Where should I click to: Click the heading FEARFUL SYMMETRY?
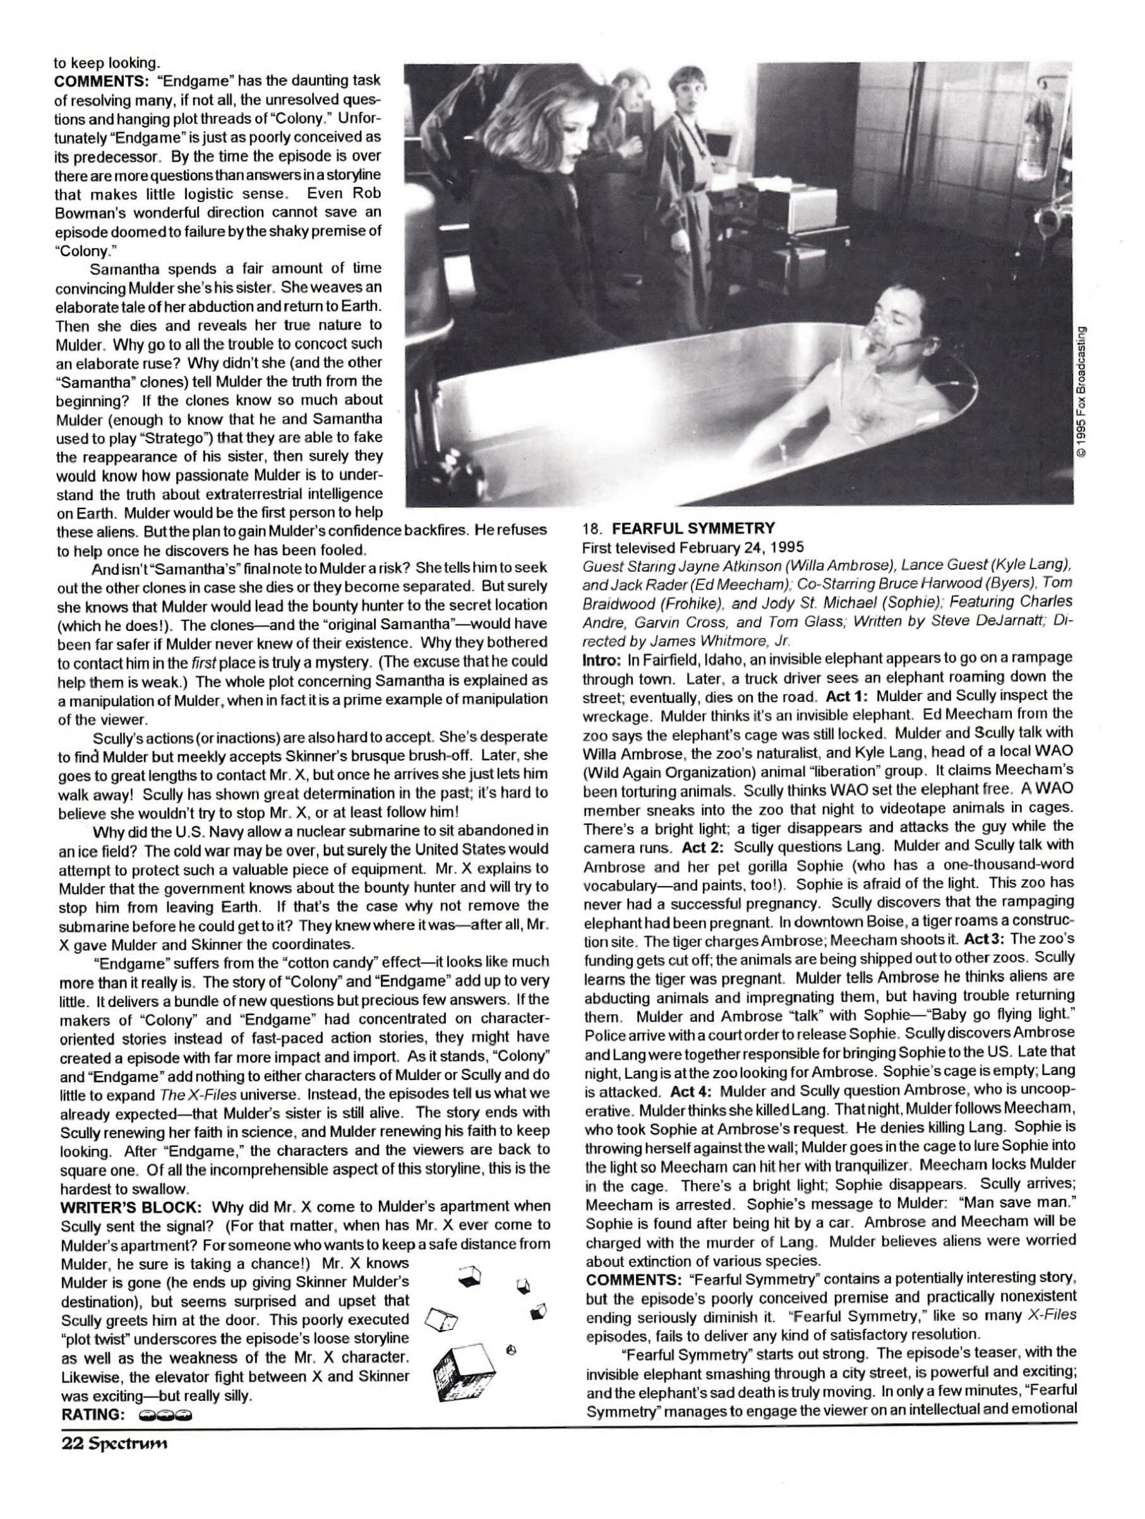coord(693,529)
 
